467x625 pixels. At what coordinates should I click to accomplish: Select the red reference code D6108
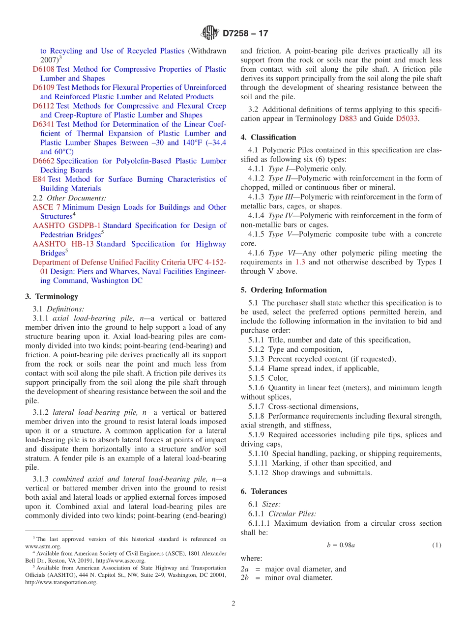click(x=43, y=69)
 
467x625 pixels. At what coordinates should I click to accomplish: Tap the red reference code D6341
click(x=43, y=124)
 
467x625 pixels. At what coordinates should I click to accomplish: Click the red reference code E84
click(x=39, y=179)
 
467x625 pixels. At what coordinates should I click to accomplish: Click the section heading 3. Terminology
click(x=51, y=297)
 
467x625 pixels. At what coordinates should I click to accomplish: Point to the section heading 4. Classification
click(x=268, y=138)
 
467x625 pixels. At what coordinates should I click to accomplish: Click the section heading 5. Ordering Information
click(x=284, y=290)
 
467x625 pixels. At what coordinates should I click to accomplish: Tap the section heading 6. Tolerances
click(x=264, y=491)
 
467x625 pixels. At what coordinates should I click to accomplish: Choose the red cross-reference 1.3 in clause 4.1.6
click(x=300, y=262)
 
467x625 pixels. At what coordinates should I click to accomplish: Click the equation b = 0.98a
click(x=341, y=545)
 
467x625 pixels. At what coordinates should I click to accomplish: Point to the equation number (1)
click(x=437, y=545)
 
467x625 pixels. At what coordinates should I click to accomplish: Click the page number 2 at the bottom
click(x=233, y=604)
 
